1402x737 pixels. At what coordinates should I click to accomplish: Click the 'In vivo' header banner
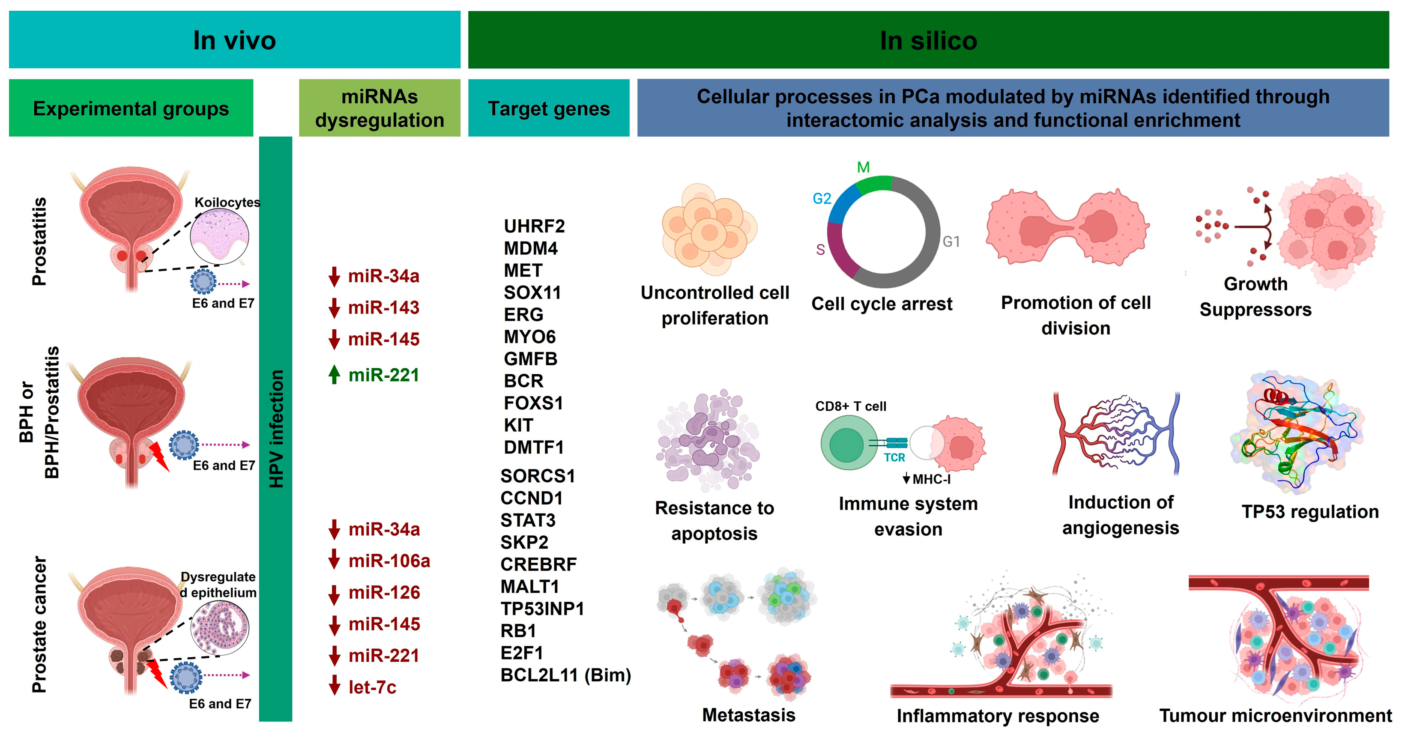pos(235,40)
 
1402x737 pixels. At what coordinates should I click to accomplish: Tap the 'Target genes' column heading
pos(549,108)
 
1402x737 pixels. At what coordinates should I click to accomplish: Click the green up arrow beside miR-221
pos(334,375)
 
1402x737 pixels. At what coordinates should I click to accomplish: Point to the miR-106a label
pos(389,561)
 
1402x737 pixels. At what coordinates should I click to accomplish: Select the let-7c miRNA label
pos(372,687)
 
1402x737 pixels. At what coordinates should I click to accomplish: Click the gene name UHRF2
pos(534,226)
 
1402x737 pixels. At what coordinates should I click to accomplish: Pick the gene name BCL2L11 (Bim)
pos(565,675)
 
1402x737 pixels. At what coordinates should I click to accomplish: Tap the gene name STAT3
pos(528,520)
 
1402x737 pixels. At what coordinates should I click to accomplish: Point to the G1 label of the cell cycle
pos(951,242)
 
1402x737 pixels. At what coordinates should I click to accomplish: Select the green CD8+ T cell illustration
pos(845,443)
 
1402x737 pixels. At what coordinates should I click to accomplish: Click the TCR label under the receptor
pos(894,457)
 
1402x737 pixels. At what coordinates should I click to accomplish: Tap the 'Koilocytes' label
pos(227,202)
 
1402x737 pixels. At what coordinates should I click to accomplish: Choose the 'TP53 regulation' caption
pos(1309,512)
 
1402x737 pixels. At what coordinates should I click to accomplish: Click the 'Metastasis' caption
pos(748,715)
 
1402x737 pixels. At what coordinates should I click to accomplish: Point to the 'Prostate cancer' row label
pos(39,624)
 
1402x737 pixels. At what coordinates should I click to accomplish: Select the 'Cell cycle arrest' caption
pos(882,304)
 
